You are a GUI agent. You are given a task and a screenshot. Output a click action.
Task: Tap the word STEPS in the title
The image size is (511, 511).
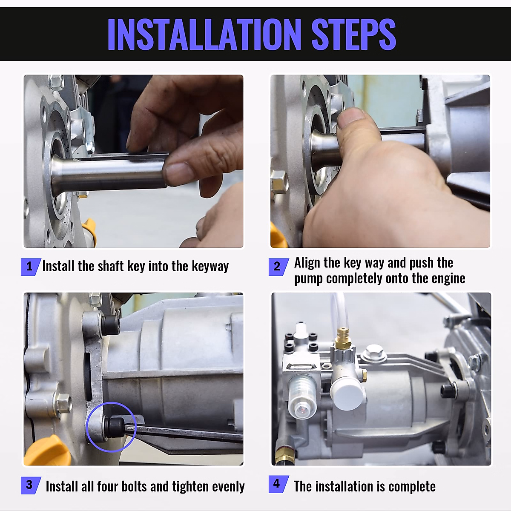354,34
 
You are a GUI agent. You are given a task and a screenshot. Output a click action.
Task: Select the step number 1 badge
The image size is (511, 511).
31,267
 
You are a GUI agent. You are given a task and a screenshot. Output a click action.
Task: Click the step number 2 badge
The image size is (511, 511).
278,267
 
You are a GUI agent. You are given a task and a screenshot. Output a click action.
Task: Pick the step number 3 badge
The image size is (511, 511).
31,485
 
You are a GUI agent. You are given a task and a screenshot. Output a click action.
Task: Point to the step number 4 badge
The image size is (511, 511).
278,484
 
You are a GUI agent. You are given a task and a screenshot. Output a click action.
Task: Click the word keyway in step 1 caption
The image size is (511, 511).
210,267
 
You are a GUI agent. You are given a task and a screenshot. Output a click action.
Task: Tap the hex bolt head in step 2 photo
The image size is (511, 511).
279,182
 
